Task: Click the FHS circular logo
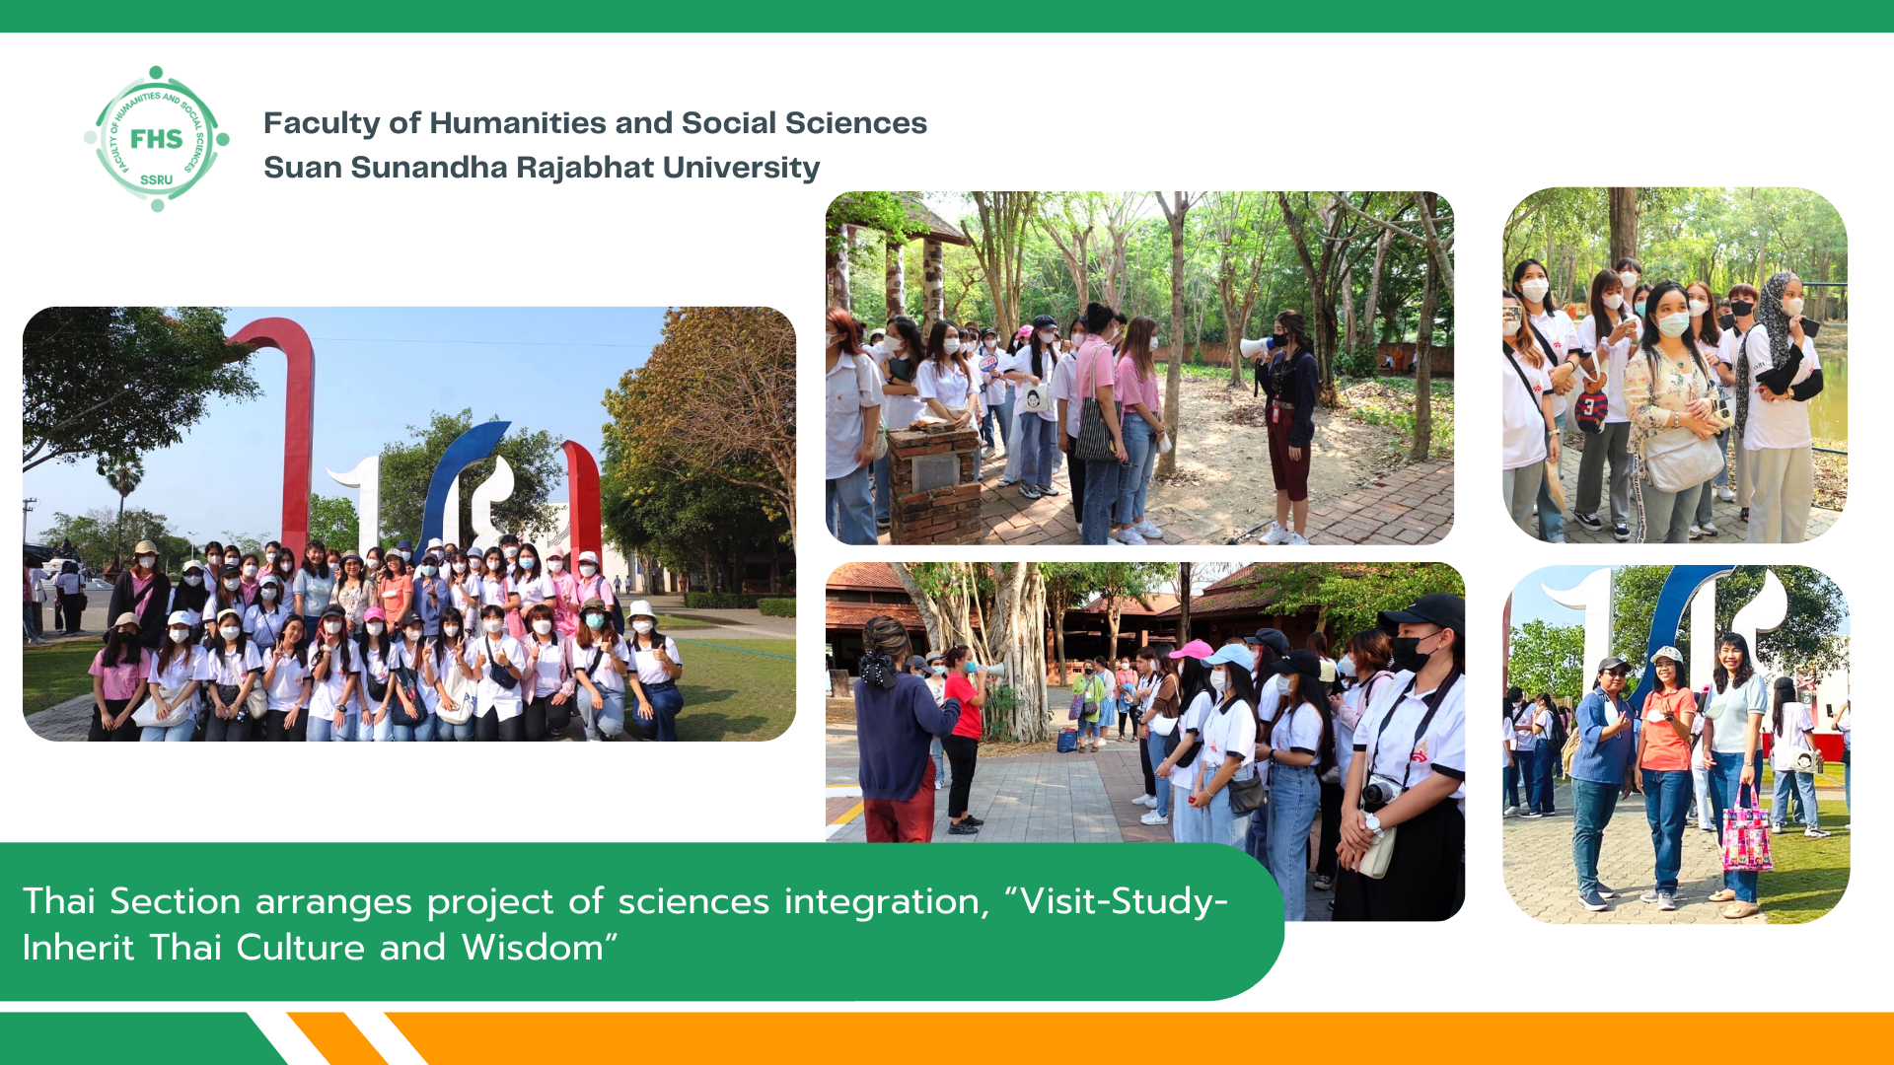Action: pos(157,139)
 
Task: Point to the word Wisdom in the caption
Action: pos(532,948)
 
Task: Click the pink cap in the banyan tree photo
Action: pos(1192,650)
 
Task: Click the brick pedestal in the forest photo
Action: pos(933,480)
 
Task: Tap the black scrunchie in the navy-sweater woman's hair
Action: pos(876,669)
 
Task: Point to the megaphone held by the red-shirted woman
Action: pos(991,671)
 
